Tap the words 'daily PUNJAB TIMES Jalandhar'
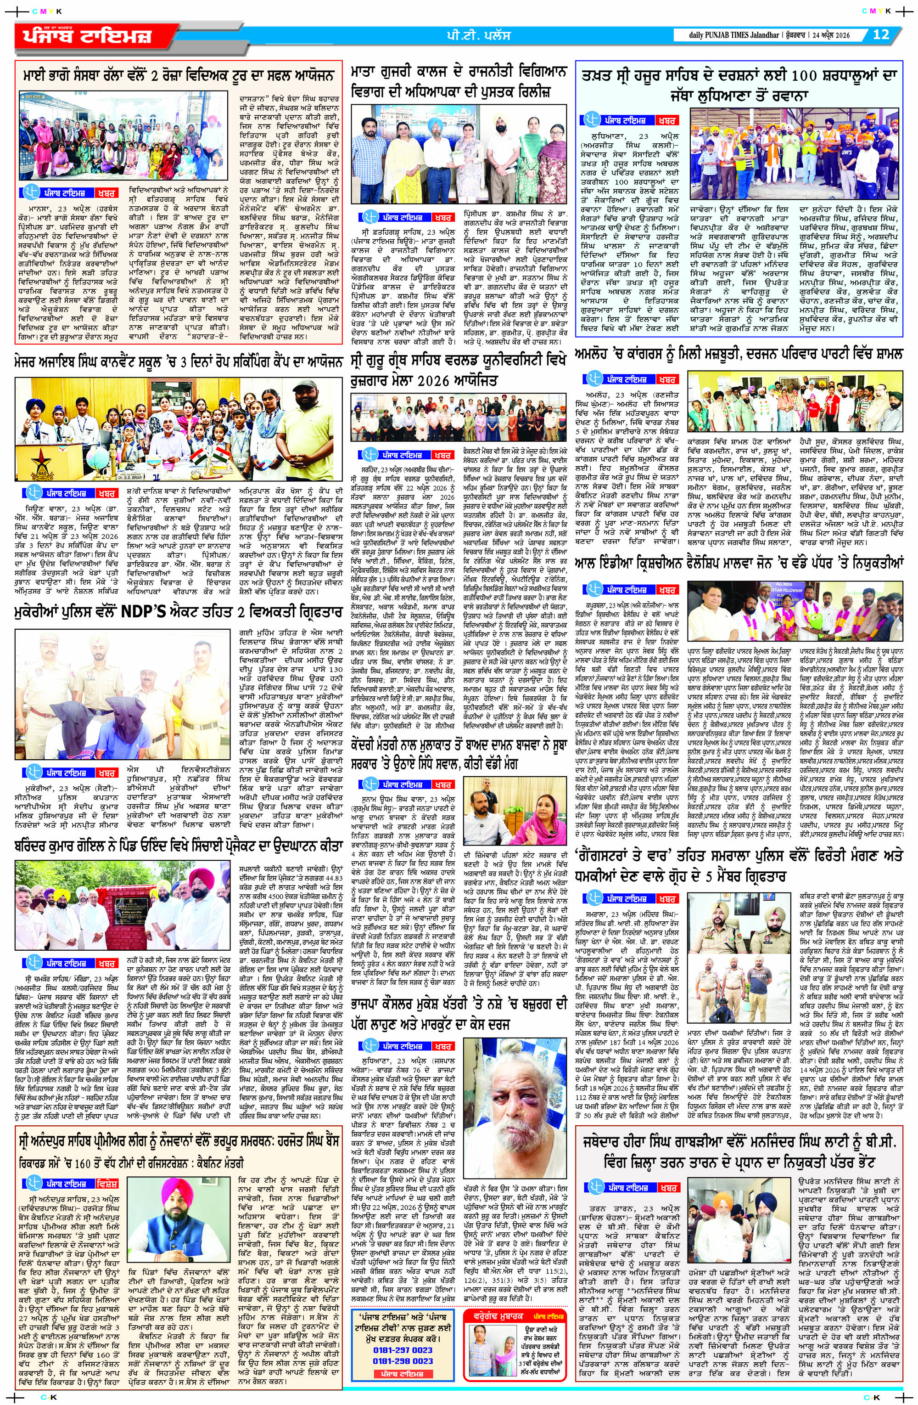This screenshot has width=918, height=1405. tap(725, 35)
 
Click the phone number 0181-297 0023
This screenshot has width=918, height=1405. tap(403, 1362)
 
